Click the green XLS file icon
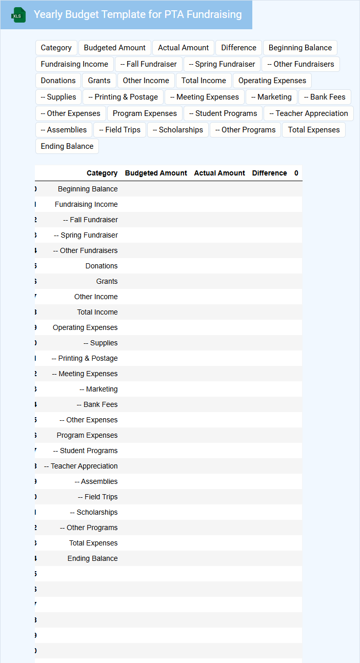(x=18, y=15)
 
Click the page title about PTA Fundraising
(x=137, y=15)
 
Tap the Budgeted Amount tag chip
(x=114, y=48)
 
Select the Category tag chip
(x=56, y=48)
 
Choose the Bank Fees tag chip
(x=325, y=97)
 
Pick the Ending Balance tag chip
(x=67, y=146)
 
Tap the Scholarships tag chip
(x=178, y=130)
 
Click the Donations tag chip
(x=58, y=81)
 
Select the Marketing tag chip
(x=271, y=97)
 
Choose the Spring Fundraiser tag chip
(x=222, y=64)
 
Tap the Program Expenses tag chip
(x=145, y=113)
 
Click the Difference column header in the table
(x=269, y=173)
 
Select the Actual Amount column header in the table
(x=219, y=173)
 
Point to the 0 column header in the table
(x=296, y=173)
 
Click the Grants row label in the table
(x=107, y=281)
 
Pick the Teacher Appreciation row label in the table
(x=81, y=466)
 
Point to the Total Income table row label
(x=97, y=312)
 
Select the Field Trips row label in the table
(x=97, y=497)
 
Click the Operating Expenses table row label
(x=85, y=327)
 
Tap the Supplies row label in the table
(x=101, y=343)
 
